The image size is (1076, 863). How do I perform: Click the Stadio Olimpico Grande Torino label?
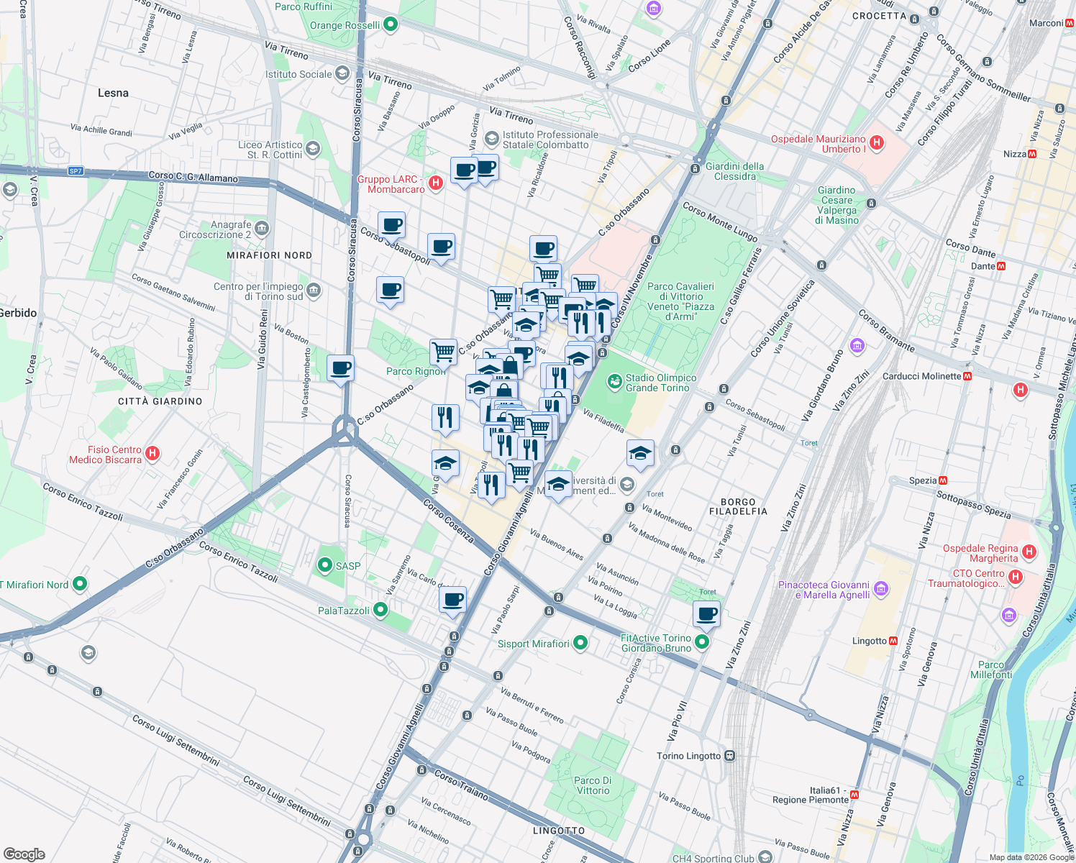pos(660,383)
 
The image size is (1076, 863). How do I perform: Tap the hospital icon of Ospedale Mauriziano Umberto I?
pos(876,143)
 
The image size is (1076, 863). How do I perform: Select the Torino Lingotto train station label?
pos(688,756)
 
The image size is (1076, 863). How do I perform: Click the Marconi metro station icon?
pos(1070,23)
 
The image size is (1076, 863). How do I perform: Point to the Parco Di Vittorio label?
pos(593,785)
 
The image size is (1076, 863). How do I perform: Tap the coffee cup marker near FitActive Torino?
pos(707,614)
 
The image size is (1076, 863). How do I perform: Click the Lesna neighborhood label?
pos(113,93)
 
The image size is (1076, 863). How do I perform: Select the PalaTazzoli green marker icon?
pos(380,611)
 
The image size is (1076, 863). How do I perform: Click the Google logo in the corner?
pos(24,854)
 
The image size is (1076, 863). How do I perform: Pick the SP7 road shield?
pos(76,171)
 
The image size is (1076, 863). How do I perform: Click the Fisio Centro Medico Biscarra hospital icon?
pos(152,453)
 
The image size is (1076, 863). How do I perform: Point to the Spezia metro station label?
pos(923,480)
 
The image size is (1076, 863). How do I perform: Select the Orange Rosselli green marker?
pos(391,25)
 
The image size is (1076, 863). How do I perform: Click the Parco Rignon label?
pos(415,371)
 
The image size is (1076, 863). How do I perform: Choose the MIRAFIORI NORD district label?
pos(269,255)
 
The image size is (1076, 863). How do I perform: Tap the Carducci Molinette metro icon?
pos(967,376)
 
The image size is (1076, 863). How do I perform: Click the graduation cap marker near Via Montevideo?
pos(639,454)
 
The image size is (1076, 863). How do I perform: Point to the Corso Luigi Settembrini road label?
pos(175,740)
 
